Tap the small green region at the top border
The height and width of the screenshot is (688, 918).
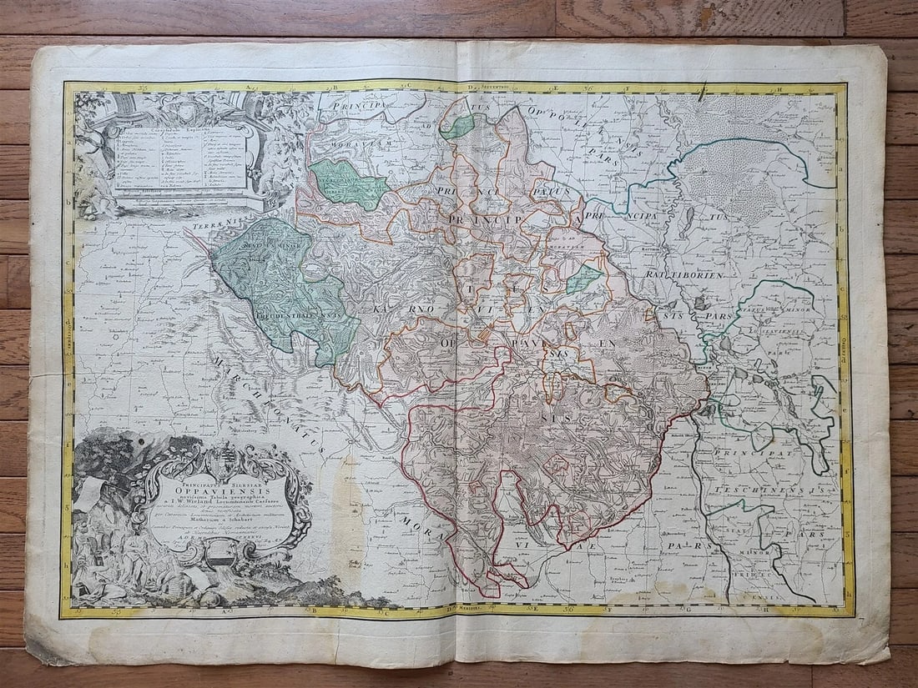[457, 126]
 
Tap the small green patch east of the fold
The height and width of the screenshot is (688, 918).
[584, 279]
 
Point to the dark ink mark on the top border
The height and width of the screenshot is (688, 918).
[703, 90]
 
